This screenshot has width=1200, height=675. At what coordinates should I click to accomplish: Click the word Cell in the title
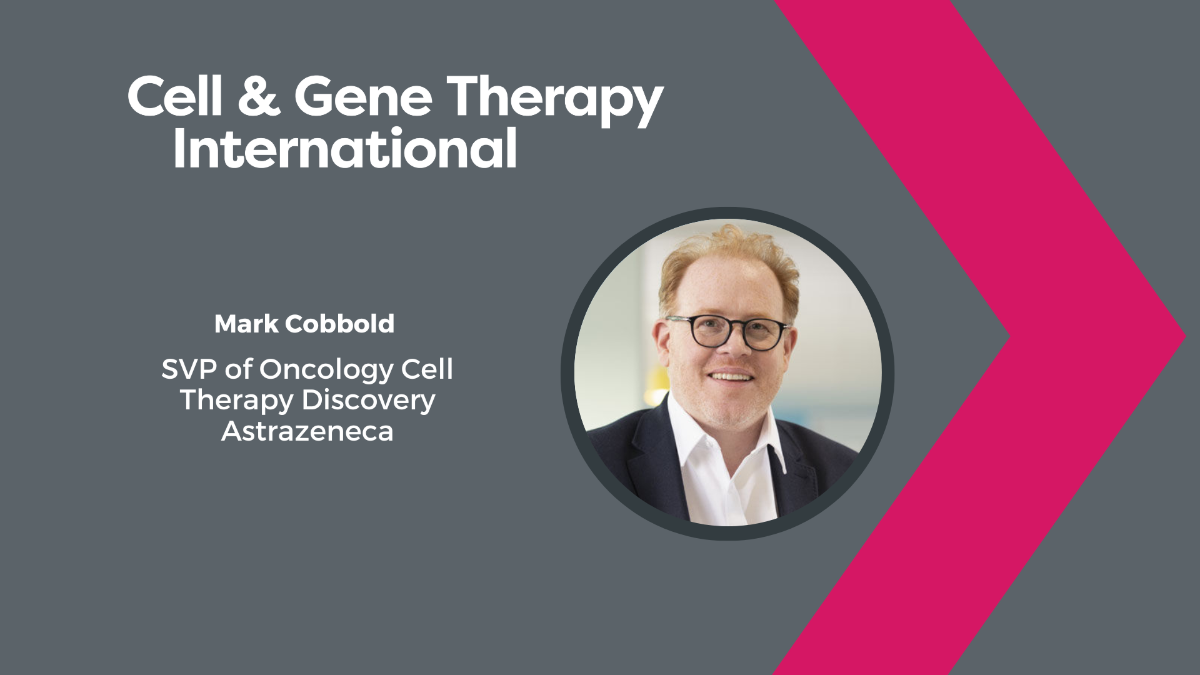(175, 96)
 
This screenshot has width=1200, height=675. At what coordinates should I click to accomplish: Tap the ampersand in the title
(259, 96)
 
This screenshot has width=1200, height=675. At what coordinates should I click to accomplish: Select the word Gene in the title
(363, 96)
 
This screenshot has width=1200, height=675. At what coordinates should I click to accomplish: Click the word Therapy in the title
(555, 100)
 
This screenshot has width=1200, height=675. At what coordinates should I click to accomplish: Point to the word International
(345, 148)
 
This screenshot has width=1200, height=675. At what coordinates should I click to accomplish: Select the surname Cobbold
(340, 324)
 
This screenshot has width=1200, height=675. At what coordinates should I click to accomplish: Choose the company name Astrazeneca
(307, 431)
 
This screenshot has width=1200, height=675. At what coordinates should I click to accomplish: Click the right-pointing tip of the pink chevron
(1185, 337)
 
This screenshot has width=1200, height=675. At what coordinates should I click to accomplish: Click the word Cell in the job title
(427, 369)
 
